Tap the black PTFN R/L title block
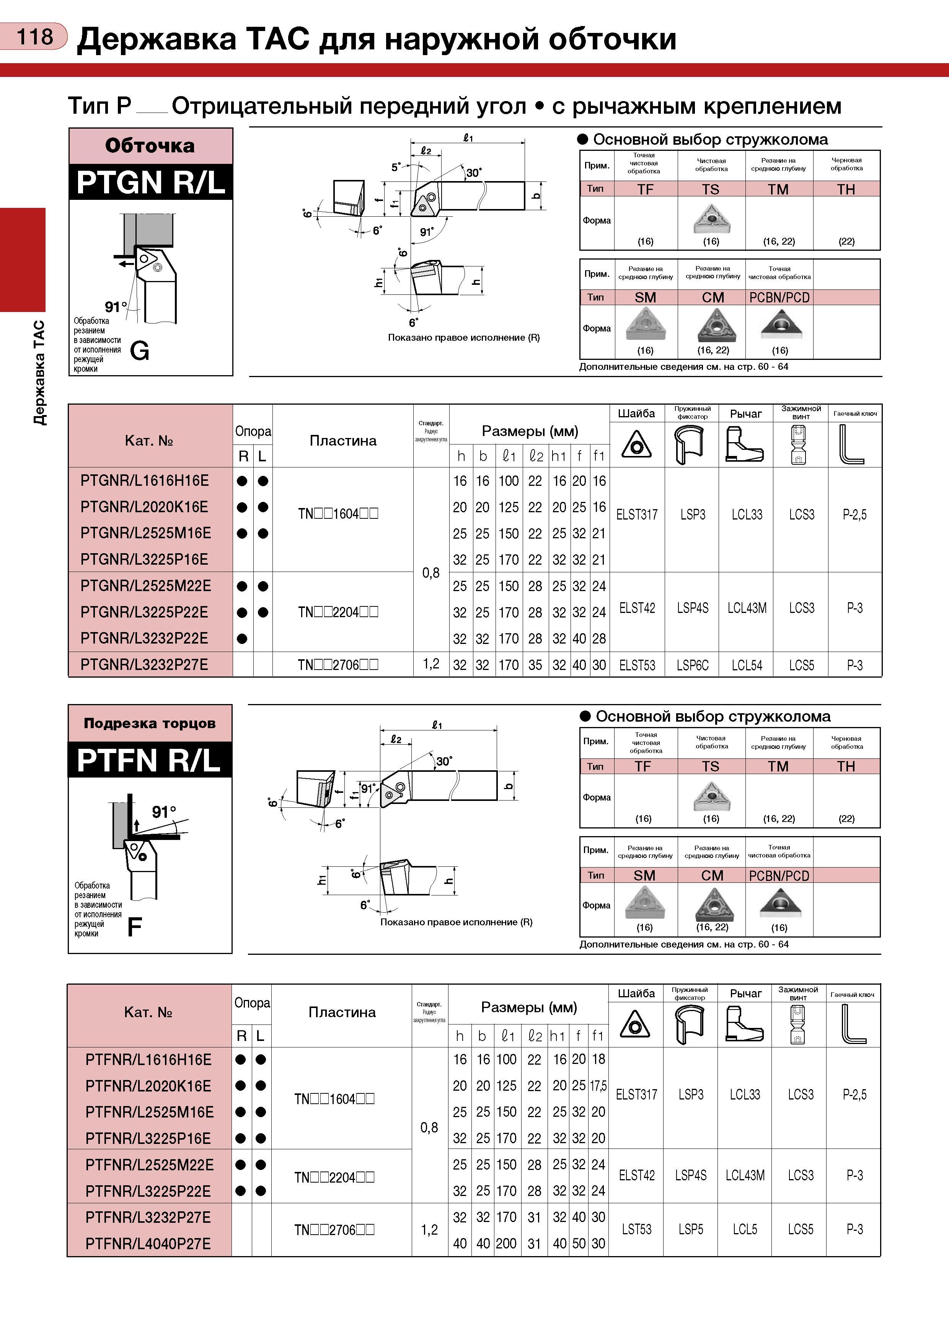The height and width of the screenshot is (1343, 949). pyautogui.click(x=150, y=760)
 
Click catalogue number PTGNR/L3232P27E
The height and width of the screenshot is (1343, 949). pyautogui.click(x=144, y=665)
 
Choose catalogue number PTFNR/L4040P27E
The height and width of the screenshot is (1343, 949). pyautogui.click(x=148, y=1243)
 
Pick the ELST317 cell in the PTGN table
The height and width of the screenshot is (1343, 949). pyautogui.click(x=637, y=515)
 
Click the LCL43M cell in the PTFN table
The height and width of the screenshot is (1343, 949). pyautogui.click(x=745, y=1175)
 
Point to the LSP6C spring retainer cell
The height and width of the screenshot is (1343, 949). pyautogui.click(x=692, y=665)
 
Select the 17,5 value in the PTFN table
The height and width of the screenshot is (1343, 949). pyautogui.click(x=598, y=1086)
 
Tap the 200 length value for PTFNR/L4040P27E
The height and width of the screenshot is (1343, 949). pyautogui.click(x=506, y=1243)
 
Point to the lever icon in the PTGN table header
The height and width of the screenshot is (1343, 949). pyautogui.click(x=744, y=444)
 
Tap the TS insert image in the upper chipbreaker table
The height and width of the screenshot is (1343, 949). pyautogui.click(x=711, y=219)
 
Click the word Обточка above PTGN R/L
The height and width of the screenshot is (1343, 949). pyautogui.click(x=150, y=145)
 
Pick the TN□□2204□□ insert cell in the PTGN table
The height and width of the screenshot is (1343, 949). pyautogui.click(x=338, y=612)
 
